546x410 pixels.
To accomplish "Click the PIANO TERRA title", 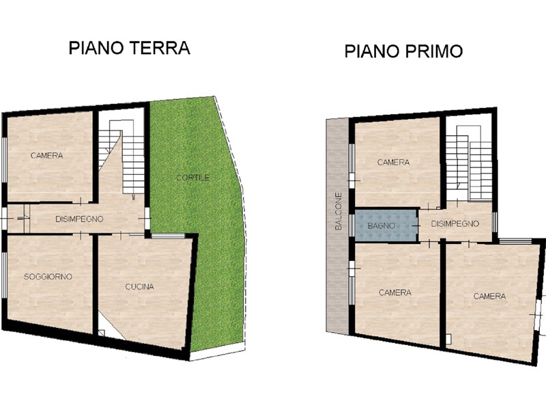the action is coord(129,48).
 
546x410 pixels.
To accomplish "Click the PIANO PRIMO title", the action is coord(403,51).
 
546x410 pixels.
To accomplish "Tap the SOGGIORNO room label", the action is coord(48,277).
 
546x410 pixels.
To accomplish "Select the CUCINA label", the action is coord(139,286).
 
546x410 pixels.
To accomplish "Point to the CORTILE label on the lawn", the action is coord(192,178).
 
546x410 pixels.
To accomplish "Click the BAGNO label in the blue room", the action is coord(381,225).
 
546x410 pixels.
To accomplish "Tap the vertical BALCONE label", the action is coord(338,211).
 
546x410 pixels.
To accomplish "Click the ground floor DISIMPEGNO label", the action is coord(79,219).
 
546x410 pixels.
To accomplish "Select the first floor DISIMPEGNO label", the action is coord(455,223).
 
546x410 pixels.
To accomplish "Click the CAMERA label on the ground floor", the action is coord(46,156).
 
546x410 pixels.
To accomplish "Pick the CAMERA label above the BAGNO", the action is coord(393,162).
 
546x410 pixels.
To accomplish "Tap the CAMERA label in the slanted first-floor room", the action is coord(489,297).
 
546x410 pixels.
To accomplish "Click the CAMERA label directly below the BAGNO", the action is coord(395,292).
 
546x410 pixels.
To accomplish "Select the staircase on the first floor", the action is coord(469,163).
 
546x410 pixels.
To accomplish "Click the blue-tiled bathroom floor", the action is coord(386,225).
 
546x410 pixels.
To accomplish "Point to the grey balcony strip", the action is coord(337,227).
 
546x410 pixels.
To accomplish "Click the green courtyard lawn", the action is coord(199,209).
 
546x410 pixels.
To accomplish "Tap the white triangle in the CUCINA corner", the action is coord(110,326).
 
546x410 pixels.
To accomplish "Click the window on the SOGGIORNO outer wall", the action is coord(5,275).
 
